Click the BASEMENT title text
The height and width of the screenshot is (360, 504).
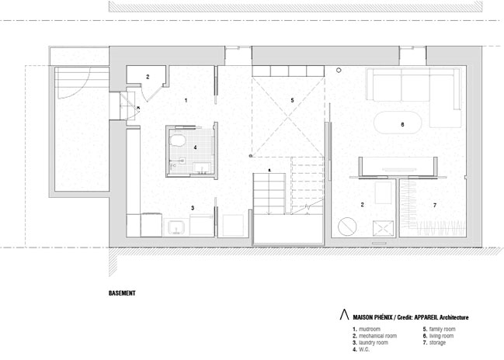tap(122, 292)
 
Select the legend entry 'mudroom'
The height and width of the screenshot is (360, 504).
tap(370, 329)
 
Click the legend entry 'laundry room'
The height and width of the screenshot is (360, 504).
tap(374, 342)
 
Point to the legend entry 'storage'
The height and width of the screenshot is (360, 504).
tap(437, 343)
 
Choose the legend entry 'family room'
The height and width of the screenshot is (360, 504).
tap(443, 329)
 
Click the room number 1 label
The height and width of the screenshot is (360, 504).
tap(186, 100)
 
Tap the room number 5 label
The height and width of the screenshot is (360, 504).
tap(292, 100)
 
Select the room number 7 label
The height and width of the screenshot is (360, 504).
tap(435, 205)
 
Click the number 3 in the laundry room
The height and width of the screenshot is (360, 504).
tap(193, 208)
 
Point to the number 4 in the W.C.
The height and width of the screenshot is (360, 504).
tap(195, 147)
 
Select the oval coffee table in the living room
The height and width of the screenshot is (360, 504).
tap(398, 122)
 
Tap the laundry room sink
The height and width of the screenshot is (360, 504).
tap(175, 227)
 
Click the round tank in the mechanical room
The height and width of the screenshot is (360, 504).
tap(347, 226)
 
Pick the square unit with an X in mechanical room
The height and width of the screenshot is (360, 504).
tap(383, 228)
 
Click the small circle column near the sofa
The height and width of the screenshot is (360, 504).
tap(338, 70)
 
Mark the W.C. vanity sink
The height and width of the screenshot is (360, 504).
tap(202, 168)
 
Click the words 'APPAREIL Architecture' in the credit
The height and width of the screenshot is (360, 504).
tap(441, 317)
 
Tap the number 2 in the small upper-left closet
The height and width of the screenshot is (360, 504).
tap(148, 77)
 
